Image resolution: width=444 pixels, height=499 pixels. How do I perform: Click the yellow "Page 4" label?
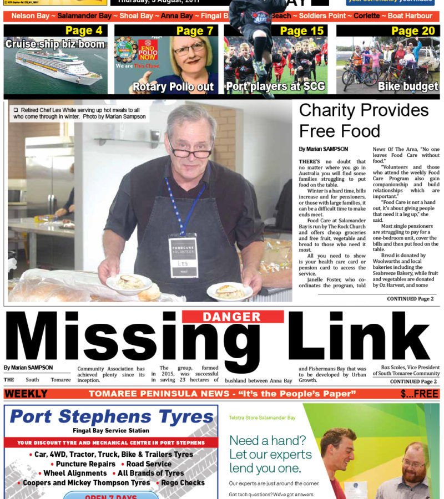pyautogui.click(x=84, y=30)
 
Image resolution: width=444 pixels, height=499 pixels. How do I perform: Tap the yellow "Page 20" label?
pyautogui.click(x=413, y=30)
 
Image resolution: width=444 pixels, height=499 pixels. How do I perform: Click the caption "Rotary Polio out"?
pyautogui.click(x=173, y=86)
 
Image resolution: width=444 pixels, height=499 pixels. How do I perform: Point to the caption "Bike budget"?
pyautogui.click(x=407, y=86)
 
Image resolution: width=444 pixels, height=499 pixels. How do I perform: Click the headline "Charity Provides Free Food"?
pyautogui.click(x=364, y=120)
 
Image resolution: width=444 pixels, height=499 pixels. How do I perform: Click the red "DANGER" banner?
pyautogui.click(x=232, y=317)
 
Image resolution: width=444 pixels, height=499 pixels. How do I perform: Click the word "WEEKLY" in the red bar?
pyautogui.click(x=26, y=394)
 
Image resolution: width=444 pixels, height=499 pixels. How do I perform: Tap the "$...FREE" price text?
pyautogui.click(x=420, y=394)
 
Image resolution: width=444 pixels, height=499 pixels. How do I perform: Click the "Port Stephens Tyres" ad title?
pyautogui.click(x=111, y=416)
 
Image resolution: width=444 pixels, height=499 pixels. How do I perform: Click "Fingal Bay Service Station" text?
pyautogui.click(x=111, y=431)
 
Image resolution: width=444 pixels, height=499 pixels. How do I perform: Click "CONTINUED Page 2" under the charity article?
pyautogui.click(x=410, y=299)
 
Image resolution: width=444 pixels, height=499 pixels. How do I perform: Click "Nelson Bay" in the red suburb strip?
pyautogui.click(x=30, y=16)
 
